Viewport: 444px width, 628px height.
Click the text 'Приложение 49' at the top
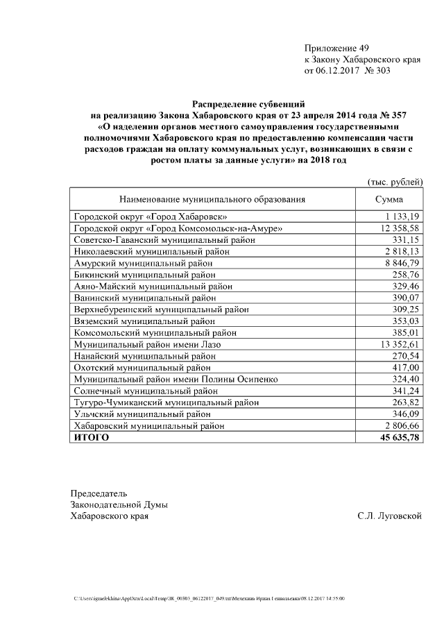336,48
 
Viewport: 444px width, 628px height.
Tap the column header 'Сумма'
389,200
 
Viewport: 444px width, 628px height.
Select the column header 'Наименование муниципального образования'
212,200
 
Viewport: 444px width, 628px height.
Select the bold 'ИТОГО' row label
92,437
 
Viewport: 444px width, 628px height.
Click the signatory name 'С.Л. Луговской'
390,516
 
